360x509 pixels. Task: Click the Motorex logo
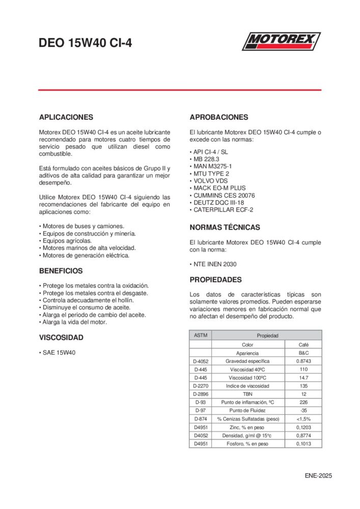281,41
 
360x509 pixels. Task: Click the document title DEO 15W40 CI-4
85,44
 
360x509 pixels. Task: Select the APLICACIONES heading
66,117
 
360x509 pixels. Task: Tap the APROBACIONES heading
219,117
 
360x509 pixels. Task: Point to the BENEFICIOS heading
61,271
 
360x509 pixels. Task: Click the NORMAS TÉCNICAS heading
225,228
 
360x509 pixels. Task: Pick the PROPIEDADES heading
216,280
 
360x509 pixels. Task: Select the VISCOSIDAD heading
61,337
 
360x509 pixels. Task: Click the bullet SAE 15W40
59,352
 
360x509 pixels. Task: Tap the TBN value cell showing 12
303,394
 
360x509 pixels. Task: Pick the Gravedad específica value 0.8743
303,361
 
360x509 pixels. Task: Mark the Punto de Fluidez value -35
303,410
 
